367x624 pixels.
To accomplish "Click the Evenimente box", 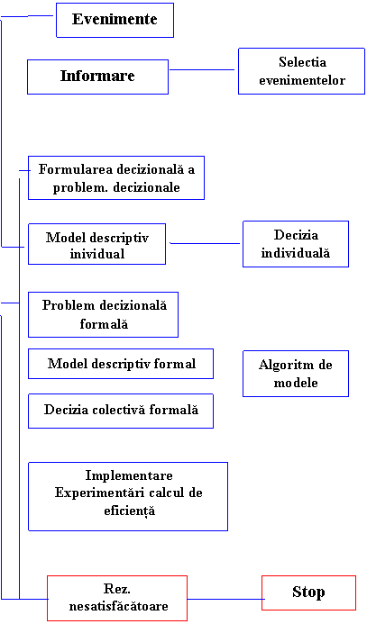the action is pos(115,21).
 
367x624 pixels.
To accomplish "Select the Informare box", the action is pos(97,77).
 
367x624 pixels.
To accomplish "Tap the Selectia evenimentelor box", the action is pos(302,71).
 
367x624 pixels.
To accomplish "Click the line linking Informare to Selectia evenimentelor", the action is pos(202,70).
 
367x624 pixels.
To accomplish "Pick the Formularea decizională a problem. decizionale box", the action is pos(116,177).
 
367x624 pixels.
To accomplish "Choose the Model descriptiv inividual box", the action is pos(96,244).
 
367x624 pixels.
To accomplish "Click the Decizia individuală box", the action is pos(296,244).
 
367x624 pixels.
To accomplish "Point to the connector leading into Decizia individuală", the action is pos(205,243).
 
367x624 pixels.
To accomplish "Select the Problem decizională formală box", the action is pos(103,314).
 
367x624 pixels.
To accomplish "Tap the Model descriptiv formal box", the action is pos(121,364).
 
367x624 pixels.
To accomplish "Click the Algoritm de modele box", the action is pos(296,374).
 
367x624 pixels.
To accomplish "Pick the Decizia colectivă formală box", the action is pos(121,411).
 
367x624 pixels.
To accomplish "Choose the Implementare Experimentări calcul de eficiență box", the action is pos(128,496).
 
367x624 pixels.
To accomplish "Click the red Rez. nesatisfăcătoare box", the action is pos(117,598).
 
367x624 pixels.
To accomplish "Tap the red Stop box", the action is pos(308,592).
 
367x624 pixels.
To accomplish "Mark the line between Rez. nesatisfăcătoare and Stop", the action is pos(225,599).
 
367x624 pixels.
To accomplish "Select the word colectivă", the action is pos(126,410).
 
